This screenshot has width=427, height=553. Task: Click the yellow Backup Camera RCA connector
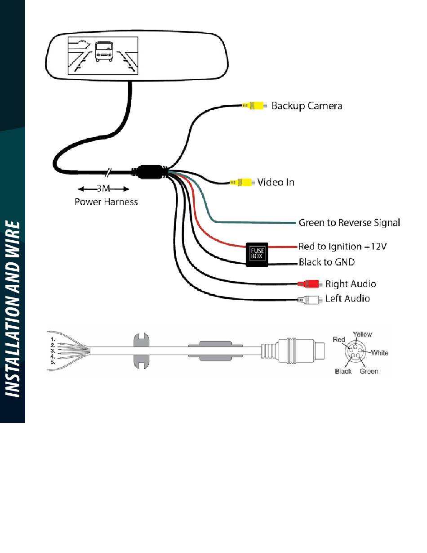[254, 105]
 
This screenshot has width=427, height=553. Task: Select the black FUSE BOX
[257, 255]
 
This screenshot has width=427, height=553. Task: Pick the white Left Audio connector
[310, 300]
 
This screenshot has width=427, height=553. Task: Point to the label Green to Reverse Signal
[349, 223]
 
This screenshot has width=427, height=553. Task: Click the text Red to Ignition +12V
[342, 246]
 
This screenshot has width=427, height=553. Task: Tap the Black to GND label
[327, 262]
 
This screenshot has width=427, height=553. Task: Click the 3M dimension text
[103, 189]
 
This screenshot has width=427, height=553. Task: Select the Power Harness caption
[106, 202]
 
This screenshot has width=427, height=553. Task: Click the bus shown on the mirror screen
[104, 52]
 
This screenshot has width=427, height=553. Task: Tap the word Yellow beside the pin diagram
[362, 334]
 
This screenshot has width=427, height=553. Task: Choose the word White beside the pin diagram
[380, 353]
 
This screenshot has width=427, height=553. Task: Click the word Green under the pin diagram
[369, 371]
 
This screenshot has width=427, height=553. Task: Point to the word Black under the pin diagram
[343, 371]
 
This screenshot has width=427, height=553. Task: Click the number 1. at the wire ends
[53, 339]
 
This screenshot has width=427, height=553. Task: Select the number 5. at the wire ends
[53, 362]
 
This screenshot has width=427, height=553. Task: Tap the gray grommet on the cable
[142, 351]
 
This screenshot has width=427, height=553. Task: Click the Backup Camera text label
[307, 106]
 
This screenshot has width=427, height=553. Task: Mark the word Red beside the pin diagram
[339, 339]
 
